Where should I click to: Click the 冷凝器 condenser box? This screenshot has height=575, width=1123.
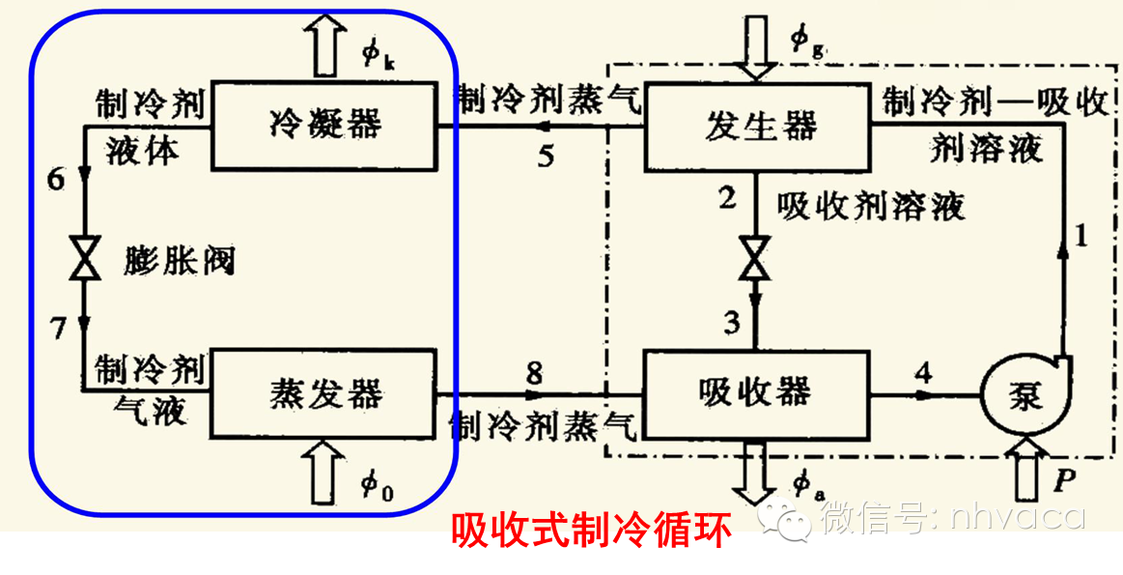click(x=325, y=125)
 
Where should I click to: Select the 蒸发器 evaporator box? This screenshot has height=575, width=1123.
click(x=325, y=393)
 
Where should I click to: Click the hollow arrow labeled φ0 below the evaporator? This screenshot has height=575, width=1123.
click(x=326, y=472)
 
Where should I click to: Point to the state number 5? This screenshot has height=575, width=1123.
click(x=547, y=156)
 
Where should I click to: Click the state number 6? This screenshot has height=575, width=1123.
click(x=56, y=180)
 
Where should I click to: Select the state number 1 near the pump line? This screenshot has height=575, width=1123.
click(x=1081, y=235)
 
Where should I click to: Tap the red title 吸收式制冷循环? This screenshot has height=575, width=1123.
click(x=592, y=529)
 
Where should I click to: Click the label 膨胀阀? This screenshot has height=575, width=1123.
click(x=180, y=259)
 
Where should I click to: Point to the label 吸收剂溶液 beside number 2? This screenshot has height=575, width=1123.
click(x=871, y=206)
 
